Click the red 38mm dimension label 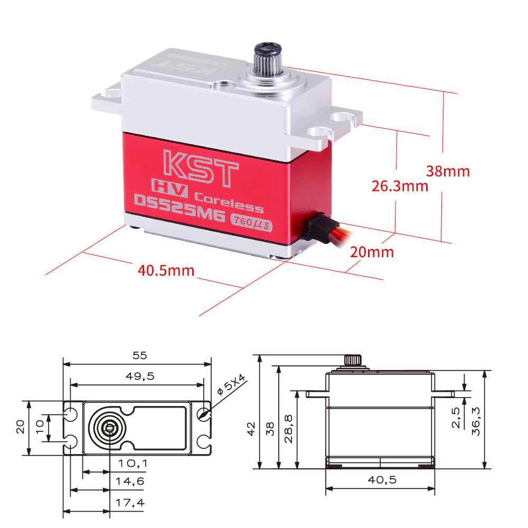[448, 172]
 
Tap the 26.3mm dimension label [400, 186]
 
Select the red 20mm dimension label [372, 252]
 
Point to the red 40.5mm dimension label [166, 271]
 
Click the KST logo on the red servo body [201, 168]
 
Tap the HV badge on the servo [169, 188]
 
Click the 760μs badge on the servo [251, 222]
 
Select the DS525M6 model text [180, 208]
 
